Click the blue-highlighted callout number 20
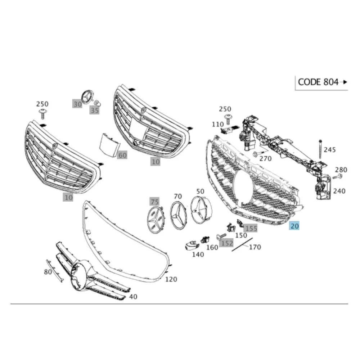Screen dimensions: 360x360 point(294,226)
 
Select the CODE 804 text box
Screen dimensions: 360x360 point(321,83)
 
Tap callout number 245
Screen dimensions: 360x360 point(330,150)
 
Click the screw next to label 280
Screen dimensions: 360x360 point(337,177)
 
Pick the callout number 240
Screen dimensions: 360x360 point(339,191)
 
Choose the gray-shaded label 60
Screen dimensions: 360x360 point(122,155)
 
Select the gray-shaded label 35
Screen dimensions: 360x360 point(94,110)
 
